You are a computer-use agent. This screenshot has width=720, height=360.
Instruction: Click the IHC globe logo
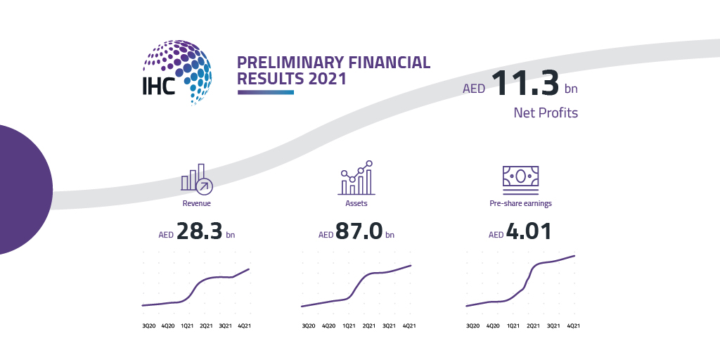177,72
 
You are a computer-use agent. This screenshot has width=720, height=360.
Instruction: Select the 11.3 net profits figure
525,83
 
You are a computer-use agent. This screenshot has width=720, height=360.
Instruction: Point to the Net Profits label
546,112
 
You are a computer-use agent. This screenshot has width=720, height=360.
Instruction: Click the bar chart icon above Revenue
197,178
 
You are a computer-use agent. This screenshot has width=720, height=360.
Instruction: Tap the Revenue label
197,203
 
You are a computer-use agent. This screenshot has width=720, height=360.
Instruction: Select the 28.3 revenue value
198,231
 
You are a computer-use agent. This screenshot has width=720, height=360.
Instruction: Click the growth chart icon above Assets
356,178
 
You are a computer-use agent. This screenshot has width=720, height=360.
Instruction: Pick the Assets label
356,203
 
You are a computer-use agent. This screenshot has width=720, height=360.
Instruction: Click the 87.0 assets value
359,231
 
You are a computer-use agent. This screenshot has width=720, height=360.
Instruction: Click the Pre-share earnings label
521,203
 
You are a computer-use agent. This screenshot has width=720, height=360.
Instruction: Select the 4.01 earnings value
529,231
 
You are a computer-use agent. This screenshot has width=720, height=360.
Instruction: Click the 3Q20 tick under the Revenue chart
148,326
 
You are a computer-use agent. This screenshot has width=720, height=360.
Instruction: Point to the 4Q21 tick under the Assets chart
409,326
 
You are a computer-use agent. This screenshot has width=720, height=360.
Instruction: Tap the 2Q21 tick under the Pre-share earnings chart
533,326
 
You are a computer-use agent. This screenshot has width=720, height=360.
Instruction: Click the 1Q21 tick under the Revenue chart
186,326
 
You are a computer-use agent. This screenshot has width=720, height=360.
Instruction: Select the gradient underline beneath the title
266,92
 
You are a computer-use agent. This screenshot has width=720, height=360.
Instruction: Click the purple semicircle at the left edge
25,189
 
